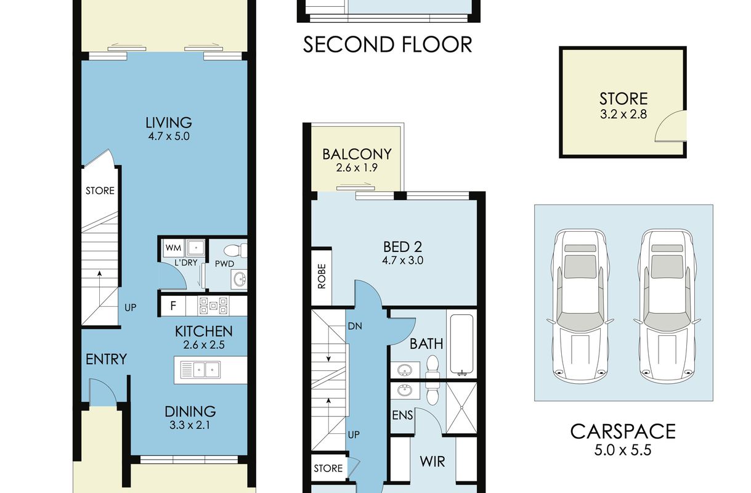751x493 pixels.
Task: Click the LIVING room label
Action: click(169, 123)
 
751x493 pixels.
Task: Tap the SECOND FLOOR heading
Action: click(388, 45)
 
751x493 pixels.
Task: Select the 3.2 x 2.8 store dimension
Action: click(623, 115)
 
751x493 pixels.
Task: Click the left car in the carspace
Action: click(580, 306)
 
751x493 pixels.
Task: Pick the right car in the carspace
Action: click(667, 306)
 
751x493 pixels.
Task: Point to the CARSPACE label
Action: click(623, 431)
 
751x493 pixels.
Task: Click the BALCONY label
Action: click(357, 154)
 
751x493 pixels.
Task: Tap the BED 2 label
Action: click(402, 247)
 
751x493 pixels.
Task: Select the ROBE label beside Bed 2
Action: click(322, 276)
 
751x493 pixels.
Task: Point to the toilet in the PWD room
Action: click(235, 251)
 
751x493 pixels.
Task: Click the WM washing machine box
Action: click(174, 248)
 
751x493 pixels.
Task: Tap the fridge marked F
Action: click(173, 306)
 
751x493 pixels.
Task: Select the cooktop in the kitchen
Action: click(214, 306)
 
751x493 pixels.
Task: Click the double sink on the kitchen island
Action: click(200, 370)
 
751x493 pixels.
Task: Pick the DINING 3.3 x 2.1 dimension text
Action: click(190, 426)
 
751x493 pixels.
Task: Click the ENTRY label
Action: click(107, 359)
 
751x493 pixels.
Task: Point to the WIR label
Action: click(432, 462)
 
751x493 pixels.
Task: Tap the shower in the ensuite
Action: click(461, 408)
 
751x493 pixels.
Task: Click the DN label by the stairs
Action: click(355, 326)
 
